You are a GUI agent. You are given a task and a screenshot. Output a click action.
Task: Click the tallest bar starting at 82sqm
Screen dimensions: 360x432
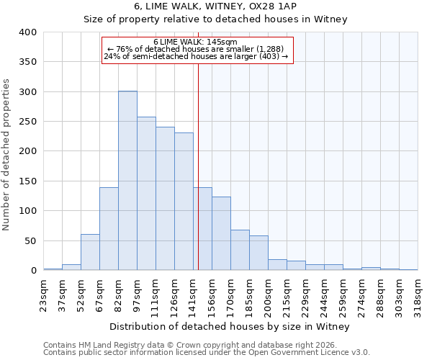pyautogui.click(x=127, y=181)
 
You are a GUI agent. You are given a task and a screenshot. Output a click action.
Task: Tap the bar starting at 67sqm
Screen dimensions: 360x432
pyautogui.click(x=109, y=229)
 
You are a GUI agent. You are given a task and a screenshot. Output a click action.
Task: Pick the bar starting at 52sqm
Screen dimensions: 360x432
pyautogui.click(x=90, y=252)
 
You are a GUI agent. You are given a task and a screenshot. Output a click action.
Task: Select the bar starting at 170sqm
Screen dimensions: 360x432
pyautogui.click(x=240, y=250)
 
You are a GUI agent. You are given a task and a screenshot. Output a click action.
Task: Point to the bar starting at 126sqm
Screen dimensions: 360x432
pyautogui.click(x=184, y=202)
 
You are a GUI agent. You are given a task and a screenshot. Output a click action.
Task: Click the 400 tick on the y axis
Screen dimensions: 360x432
pyautogui.click(x=27, y=32)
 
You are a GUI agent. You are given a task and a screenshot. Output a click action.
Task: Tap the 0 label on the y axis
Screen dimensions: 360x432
pyautogui.click(x=33, y=271)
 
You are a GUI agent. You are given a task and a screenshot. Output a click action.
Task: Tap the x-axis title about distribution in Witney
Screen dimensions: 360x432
pyautogui.click(x=230, y=327)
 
